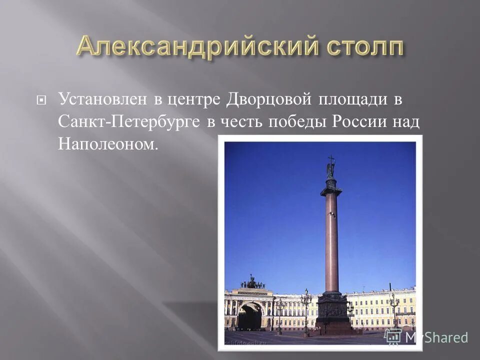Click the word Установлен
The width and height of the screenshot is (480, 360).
[103, 99]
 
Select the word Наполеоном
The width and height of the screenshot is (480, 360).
[107, 144]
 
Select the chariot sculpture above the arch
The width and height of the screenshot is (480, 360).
[252, 283]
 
